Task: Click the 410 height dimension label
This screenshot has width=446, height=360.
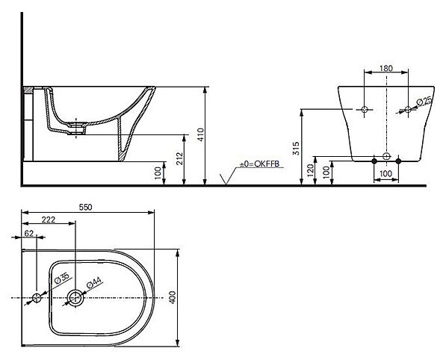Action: (x=200, y=134)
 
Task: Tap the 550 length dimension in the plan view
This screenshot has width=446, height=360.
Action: (x=86, y=208)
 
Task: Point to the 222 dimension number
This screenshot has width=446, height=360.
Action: (x=49, y=220)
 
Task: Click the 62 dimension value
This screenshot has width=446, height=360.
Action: (x=29, y=234)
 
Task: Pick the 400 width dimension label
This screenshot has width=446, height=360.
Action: (x=173, y=297)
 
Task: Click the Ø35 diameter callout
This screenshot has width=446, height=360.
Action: (x=62, y=278)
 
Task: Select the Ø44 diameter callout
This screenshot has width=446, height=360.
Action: (x=94, y=282)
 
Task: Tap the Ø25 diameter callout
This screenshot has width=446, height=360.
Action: (x=424, y=102)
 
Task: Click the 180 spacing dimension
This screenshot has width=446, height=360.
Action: (x=386, y=68)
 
